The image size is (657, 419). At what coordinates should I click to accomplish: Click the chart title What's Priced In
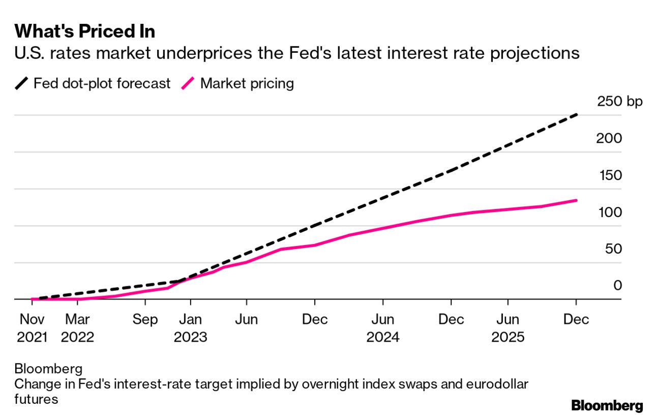[85, 32]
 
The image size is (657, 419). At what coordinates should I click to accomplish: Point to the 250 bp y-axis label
[620, 101]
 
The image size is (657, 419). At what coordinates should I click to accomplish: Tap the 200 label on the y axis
[609, 138]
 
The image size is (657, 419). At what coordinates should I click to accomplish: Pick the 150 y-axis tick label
[609, 175]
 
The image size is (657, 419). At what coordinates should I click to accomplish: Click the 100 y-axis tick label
[609, 212]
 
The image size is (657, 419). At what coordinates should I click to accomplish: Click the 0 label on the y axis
[617, 286]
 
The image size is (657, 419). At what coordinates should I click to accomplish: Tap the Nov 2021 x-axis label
[32, 328]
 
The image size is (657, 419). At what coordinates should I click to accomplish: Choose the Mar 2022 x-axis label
[77, 328]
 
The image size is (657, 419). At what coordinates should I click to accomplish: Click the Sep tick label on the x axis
[145, 320]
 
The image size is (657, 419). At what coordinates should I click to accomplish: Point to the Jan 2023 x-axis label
[190, 328]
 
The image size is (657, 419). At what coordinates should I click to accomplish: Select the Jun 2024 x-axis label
[382, 328]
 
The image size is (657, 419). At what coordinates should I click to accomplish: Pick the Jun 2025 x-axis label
[507, 328]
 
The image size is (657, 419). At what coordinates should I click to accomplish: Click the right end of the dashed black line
[576, 115]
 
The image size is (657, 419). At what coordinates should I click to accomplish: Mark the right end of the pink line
[576, 200]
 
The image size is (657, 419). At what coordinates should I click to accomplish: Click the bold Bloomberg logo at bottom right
[607, 406]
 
